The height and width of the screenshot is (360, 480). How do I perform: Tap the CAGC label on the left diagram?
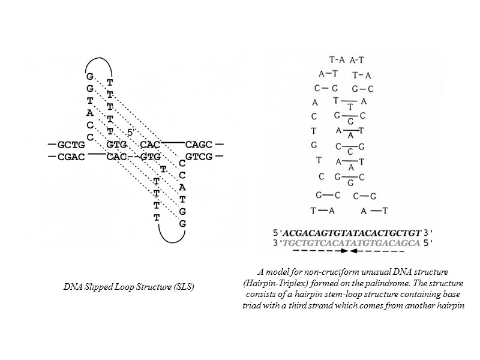point(198,145)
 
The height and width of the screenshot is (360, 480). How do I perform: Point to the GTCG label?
point(198,157)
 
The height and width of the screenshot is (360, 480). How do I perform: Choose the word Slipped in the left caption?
point(101,288)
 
